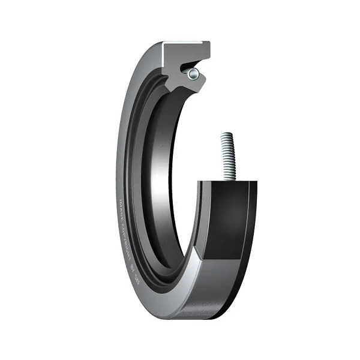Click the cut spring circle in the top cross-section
pyautogui.click(x=192, y=74)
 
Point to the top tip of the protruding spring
pyautogui.click(x=226, y=135)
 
